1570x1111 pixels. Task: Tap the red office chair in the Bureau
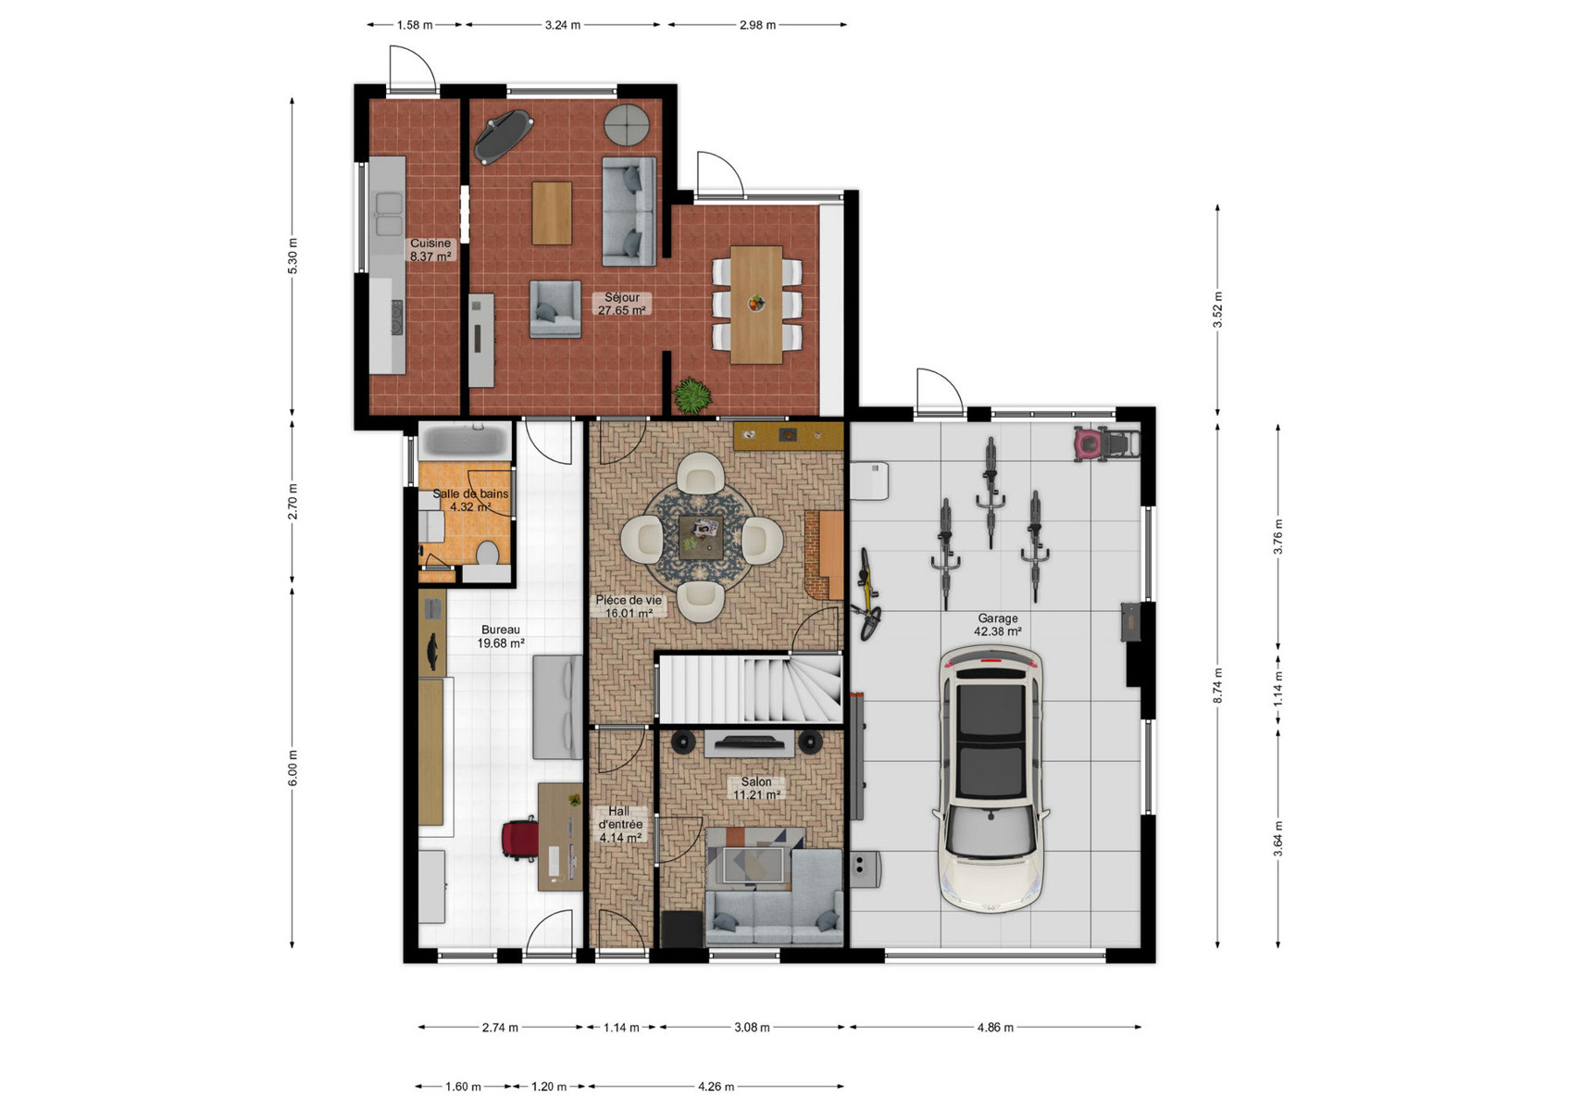tap(519, 840)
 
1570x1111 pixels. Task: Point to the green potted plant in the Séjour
tap(692, 395)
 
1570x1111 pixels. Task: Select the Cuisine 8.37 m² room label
tap(430, 250)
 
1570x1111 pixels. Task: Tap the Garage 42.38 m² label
tap(997, 625)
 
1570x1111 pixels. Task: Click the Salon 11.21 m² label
tap(757, 788)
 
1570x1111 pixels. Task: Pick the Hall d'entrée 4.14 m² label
tap(619, 824)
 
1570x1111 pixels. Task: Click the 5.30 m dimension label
tap(293, 256)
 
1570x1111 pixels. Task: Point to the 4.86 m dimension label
tap(995, 1028)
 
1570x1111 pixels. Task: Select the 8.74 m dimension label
tap(1218, 685)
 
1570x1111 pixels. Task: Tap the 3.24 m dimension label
tap(563, 25)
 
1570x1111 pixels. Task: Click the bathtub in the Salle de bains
tap(467, 441)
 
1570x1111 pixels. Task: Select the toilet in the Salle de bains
tap(486, 553)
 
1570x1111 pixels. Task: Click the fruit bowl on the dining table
tap(756, 303)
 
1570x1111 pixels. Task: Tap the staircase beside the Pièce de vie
tap(750, 688)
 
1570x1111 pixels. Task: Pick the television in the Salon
tap(749, 743)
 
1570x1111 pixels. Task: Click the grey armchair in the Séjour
tap(555, 309)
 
